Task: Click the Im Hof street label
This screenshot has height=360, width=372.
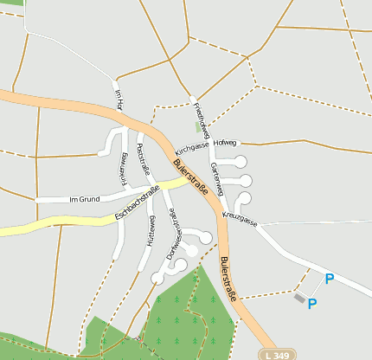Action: point(120,100)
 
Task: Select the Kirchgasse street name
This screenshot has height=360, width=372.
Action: point(192,149)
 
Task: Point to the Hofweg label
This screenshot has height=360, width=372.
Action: point(224,143)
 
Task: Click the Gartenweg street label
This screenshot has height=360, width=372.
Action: point(218,177)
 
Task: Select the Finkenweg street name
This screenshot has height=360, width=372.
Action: point(123,168)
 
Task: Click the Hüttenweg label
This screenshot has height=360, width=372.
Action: point(151,232)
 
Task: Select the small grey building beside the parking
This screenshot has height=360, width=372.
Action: point(299,298)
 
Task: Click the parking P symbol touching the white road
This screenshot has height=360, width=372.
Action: point(329,279)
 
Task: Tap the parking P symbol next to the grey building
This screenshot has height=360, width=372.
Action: point(312,303)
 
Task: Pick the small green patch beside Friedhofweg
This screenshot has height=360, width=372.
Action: point(197,126)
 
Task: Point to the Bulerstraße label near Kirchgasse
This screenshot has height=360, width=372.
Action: point(189,177)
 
